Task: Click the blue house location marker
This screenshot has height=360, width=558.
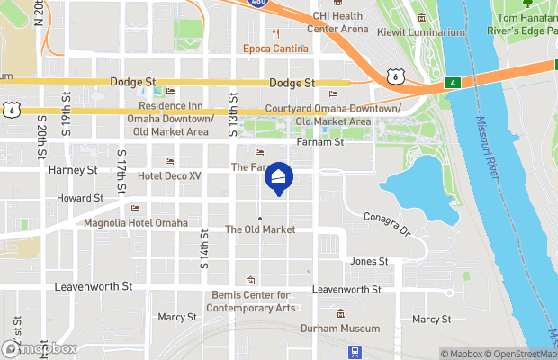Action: point(279,179)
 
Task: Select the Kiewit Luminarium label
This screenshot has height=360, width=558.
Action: point(427,33)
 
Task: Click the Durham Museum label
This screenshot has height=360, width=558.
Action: point(339,328)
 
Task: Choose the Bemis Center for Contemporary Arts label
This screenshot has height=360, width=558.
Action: point(251,301)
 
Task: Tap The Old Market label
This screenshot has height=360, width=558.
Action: point(260,229)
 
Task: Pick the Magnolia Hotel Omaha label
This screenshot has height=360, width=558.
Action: point(136,223)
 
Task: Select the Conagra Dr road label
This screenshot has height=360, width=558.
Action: point(387,223)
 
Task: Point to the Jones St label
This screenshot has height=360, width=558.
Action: point(369,261)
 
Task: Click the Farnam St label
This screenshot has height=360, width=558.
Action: point(320,142)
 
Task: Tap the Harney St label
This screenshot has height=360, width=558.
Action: point(73,169)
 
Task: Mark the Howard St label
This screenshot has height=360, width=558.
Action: point(80,198)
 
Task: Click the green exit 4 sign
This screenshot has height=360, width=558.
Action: point(451,84)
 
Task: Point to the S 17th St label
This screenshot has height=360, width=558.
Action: point(121,166)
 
